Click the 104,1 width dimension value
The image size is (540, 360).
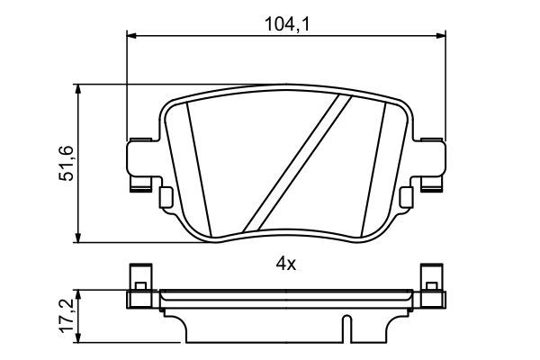click(x=284, y=24)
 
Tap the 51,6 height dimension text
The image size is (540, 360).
click(x=66, y=163)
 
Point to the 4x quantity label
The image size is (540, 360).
click(x=285, y=265)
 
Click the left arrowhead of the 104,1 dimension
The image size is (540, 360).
click(x=130, y=36)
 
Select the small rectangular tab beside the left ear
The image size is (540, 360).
click(x=165, y=195)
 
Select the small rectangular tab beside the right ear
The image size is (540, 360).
click(x=406, y=195)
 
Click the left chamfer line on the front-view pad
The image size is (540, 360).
click(x=195, y=166)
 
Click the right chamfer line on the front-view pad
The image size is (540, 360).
click(x=376, y=166)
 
